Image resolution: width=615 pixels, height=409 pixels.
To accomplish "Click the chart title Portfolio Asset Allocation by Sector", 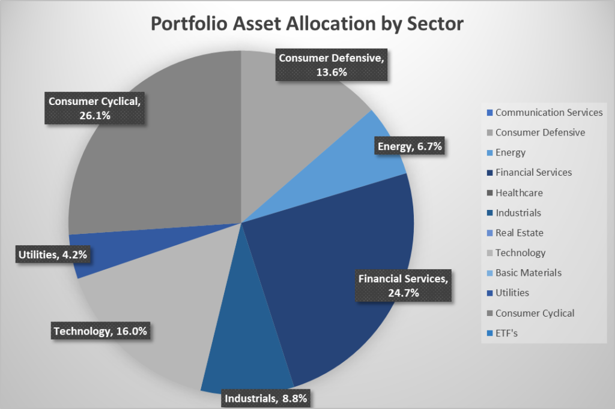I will point(307,23).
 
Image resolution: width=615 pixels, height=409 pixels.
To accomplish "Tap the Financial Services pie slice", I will point(336,240).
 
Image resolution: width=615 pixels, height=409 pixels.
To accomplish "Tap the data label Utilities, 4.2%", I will point(52,255).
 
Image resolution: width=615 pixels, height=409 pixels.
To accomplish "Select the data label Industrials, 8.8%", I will point(268,398).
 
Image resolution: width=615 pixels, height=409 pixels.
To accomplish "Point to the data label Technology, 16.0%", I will point(100,330).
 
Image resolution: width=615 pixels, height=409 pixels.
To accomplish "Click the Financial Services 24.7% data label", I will point(403,285).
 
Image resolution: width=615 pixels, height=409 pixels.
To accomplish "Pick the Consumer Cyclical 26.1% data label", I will point(95,108).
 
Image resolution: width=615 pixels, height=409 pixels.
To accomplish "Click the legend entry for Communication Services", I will point(548,112).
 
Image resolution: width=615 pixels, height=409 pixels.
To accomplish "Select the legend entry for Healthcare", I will point(518,193).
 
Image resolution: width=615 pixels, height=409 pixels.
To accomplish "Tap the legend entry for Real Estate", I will point(519,233).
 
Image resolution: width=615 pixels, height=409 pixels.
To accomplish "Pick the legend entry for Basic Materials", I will point(528,273).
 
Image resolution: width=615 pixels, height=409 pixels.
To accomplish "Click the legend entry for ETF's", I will point(506,333).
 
